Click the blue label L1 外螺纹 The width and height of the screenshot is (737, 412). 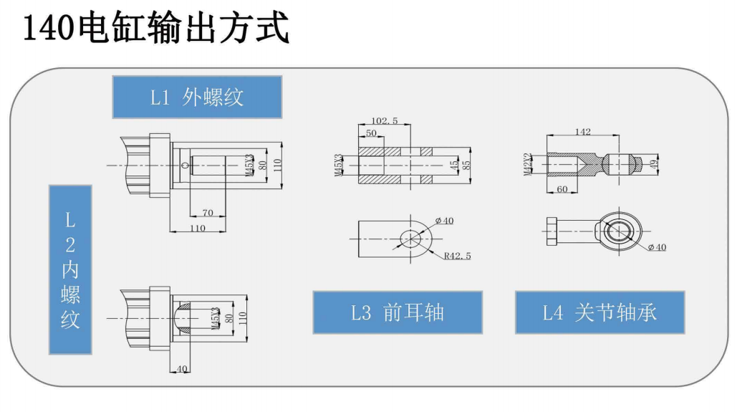point(197,97)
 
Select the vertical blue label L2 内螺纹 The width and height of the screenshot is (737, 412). point(70,269)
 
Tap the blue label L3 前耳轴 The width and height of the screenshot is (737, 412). point(398,312)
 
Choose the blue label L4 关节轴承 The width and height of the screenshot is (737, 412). point(599,312)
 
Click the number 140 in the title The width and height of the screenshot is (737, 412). point(49,29)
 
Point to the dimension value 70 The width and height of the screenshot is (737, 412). point(208,213)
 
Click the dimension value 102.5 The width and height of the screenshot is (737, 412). point(385,121)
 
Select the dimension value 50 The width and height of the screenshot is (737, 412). point(371,134)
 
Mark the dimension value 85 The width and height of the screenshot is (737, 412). point(466,164)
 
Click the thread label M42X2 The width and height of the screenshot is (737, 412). point(527,164)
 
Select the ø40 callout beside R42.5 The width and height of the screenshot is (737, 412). point(444,221)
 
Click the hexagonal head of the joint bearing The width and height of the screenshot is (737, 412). point(551,231)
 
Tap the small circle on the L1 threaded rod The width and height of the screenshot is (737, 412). point(186,166)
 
